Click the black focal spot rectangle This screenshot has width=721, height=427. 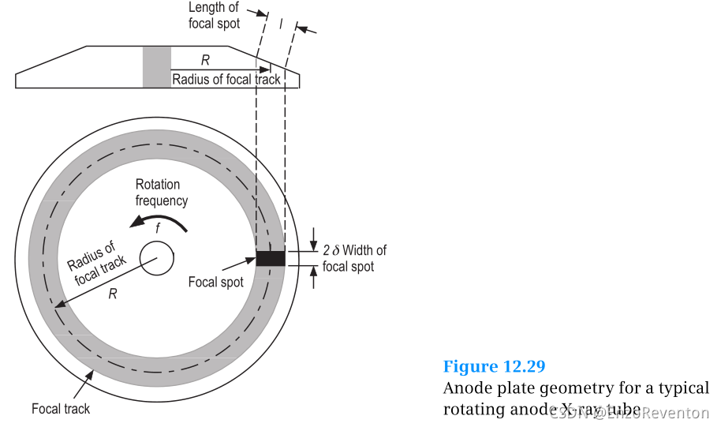(x=270, y=258)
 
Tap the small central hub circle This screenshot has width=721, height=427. (x=157, y=259)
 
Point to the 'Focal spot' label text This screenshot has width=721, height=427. (x=215, y=282)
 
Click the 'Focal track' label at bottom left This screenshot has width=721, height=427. (x=61, y=409)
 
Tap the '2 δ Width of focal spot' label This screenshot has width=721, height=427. (x=354, y=258)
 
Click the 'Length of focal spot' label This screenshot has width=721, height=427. (x=214, y=16)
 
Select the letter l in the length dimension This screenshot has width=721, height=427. (x=281, y=24)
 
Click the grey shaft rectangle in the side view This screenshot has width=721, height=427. (x=156, y=66)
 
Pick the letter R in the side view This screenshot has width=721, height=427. (x=205, y=59)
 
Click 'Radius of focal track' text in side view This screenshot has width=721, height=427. (x=226, y=79)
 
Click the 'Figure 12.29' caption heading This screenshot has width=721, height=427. (x=494, y=366)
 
